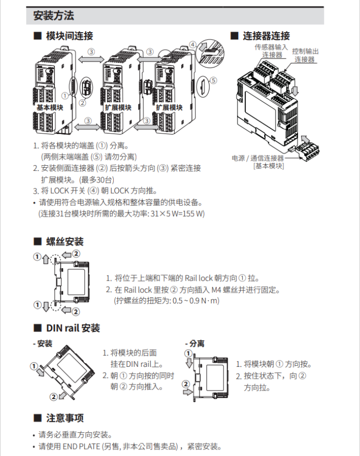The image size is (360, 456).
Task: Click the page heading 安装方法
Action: tap(53, 16)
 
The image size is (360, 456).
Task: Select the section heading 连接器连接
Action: tap(266, 36)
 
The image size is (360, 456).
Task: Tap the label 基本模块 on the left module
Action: tap(50, 108)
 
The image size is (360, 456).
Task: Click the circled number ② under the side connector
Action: tap(82, 103)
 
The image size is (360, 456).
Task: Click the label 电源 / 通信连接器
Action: tap(258, 158)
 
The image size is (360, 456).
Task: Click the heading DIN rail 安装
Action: tap(73, 328)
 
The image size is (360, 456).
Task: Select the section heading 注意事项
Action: tap(64, 418)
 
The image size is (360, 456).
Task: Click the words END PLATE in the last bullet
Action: tap(80, 446)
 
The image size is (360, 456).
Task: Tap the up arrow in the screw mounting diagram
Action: tap(45, 260)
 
